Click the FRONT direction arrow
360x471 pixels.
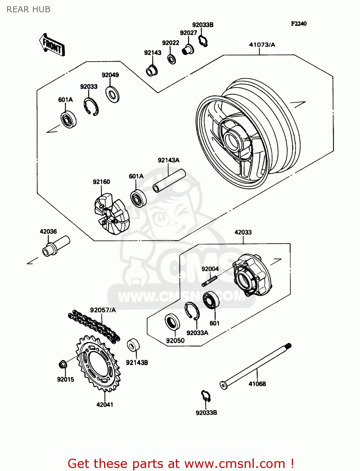(52, 45)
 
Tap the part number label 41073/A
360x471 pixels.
(262, 45)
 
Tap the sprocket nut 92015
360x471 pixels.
(62, 365)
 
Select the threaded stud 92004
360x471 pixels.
(210, 281)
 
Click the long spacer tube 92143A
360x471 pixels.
(169, 180)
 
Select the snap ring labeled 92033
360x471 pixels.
(91, 107)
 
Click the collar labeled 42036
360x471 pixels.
(56, 246)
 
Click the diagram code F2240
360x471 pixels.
(298, 24)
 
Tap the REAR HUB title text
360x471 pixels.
(28, 9)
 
